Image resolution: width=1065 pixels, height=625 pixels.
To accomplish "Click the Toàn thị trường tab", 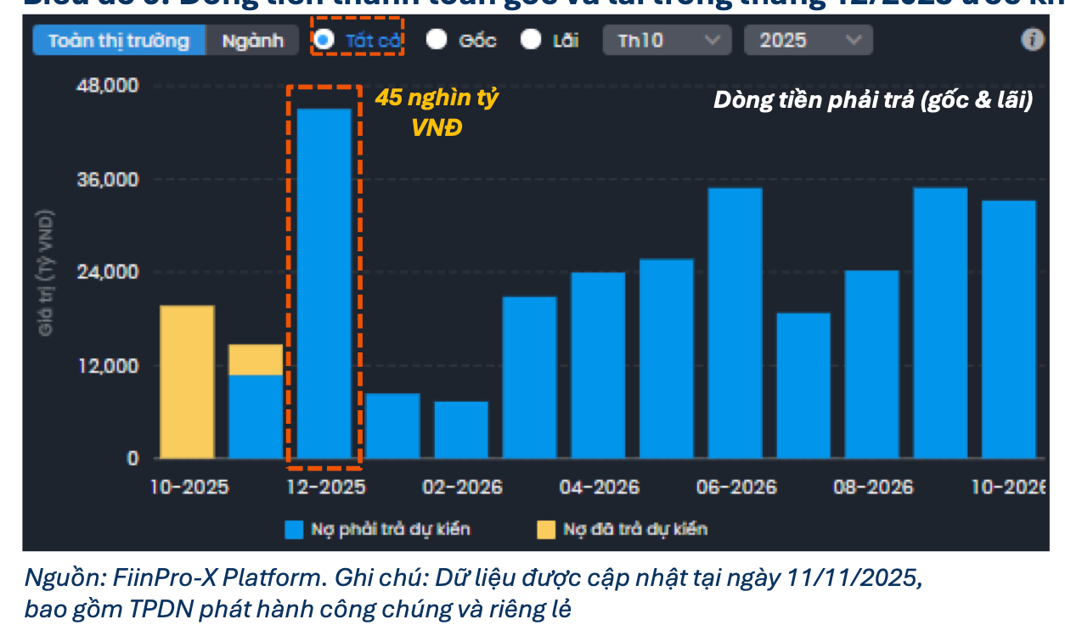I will [x=119, y=41].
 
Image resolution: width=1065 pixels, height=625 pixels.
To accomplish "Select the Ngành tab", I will [x=253, y=41].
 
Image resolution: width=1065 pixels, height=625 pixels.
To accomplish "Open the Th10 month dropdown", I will [x=668, y=40].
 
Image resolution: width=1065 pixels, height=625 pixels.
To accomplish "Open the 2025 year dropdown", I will [x=808, y=40].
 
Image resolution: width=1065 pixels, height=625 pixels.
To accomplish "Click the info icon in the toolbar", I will [x=1032, y=40].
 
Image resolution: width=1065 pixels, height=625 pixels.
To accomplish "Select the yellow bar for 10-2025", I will [x=188, y=381].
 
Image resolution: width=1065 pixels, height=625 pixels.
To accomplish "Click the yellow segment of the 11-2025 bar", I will [x=256, y=359].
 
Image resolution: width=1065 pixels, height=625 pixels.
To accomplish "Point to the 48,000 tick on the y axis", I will [x=109, y=87].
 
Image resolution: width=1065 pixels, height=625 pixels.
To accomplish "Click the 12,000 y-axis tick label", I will [x=109, y=366].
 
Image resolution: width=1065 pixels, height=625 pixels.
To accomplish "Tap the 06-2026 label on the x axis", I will [x=735, y=487].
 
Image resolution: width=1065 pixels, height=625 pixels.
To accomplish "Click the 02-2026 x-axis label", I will [x=462, y=487].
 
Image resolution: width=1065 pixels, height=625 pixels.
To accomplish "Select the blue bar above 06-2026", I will [x=735, y=323].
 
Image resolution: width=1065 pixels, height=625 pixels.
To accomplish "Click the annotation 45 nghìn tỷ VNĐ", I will [x=437, y=113].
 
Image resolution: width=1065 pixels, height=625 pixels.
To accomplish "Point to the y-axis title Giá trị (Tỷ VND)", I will [x=48, y=272].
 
